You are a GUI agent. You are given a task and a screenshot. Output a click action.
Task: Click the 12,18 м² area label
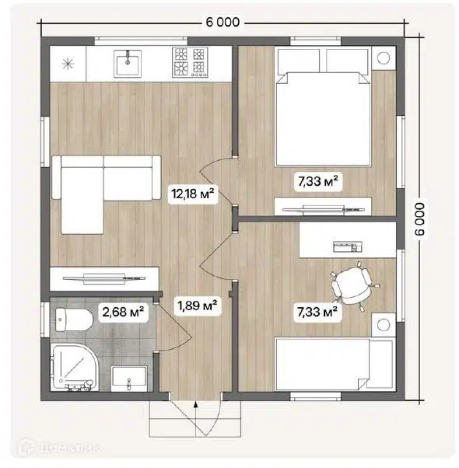(x=193, y=194)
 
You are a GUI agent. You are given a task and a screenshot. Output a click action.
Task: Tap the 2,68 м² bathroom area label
(x=123, y=313)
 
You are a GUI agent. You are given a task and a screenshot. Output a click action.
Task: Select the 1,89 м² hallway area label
(x=197, y=306)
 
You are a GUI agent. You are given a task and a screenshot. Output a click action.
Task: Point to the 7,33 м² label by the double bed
(x=318, y=181)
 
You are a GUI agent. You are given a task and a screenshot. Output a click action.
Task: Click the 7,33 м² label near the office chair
(x=317, y=313)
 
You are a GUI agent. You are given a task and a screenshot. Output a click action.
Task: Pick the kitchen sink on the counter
(x=128, y=63)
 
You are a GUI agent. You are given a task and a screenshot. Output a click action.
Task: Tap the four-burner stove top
(x=190, y=63)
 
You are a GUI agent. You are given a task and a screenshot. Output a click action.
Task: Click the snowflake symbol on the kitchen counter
(x=68, y=64)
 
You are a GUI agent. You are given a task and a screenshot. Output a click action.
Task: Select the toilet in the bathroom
(x=74, y=320)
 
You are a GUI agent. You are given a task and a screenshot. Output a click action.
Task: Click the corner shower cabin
(x=74, y=367)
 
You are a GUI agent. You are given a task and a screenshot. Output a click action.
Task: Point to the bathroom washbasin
(x=129, y=379)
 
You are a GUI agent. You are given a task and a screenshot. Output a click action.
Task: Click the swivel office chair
(x=353, y=286)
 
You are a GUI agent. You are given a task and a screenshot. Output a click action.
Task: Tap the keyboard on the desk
(x=347, y=246)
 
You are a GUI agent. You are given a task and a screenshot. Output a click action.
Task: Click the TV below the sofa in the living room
(x=104, y=278)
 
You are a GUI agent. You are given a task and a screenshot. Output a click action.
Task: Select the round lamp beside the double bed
(x=383, y=58)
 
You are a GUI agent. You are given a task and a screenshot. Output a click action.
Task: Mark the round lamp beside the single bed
(x=383, y=324)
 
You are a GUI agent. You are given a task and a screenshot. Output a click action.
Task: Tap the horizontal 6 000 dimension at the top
(x=222, y=22)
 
